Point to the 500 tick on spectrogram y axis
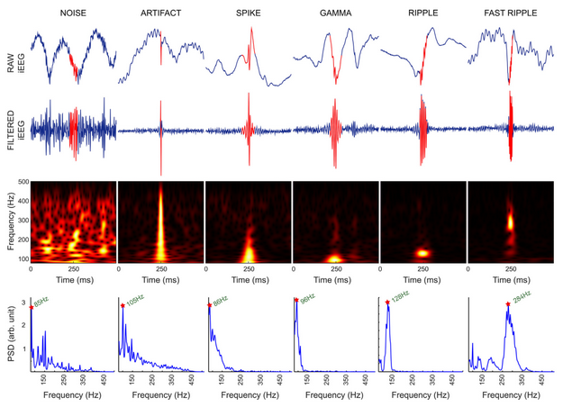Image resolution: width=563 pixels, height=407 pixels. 22,181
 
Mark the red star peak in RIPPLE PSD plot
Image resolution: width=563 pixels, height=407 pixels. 387,303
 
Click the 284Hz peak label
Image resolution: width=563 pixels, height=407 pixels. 522,297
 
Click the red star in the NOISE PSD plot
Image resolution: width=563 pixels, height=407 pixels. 32,308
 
